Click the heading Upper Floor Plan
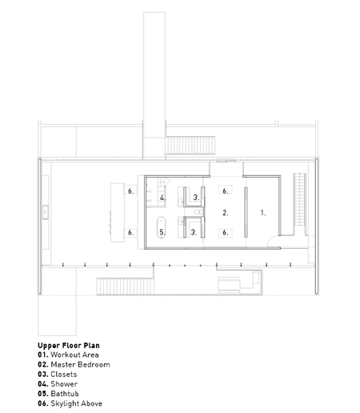69,346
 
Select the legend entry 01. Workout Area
68,355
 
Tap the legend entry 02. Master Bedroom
74,364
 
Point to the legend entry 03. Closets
58,375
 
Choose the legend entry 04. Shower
58,384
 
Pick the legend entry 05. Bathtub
58,394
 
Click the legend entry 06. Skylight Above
70,403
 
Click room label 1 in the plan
263,213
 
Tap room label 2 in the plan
226,213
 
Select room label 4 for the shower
162,198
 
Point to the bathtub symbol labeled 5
162,227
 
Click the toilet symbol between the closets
198,212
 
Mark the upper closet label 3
196,198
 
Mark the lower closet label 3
194,232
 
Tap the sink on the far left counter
46,212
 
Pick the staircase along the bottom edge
126,287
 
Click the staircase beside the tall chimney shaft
190,146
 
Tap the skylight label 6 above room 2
226,191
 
